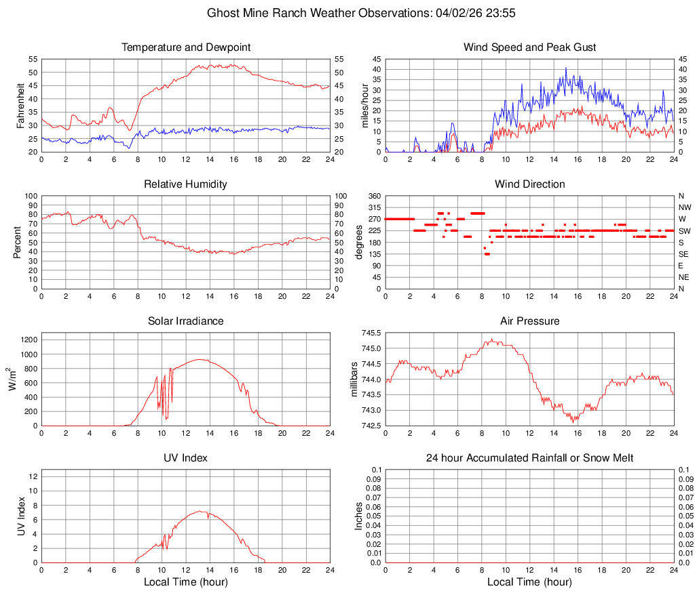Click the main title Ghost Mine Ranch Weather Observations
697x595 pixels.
click(x=348, y=13)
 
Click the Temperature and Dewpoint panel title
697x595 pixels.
click(x=186, y=47)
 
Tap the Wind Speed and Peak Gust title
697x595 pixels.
click(x=529, y=47)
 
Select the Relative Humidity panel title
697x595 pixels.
click(x=186, y=184)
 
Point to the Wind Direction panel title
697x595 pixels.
click(x=529, y=184)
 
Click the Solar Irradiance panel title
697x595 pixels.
click(x=186, y=321)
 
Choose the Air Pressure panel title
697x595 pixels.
click(x=529, y=321)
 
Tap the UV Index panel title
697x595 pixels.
click(x=186, y=458)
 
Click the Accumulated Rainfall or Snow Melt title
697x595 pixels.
click(x=529, y=458)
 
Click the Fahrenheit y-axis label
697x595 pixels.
click(x=21, y=106)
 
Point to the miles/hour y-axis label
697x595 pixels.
click(x=364, y=106)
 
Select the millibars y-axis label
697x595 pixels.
click(x=354, y=379)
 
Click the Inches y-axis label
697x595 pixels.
click(x=359, y=516)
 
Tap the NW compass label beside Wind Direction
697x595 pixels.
click(x=685, y=207)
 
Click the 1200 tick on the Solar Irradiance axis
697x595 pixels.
click(x=28, y=337)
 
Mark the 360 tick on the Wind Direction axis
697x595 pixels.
click(x=372, y=196)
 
